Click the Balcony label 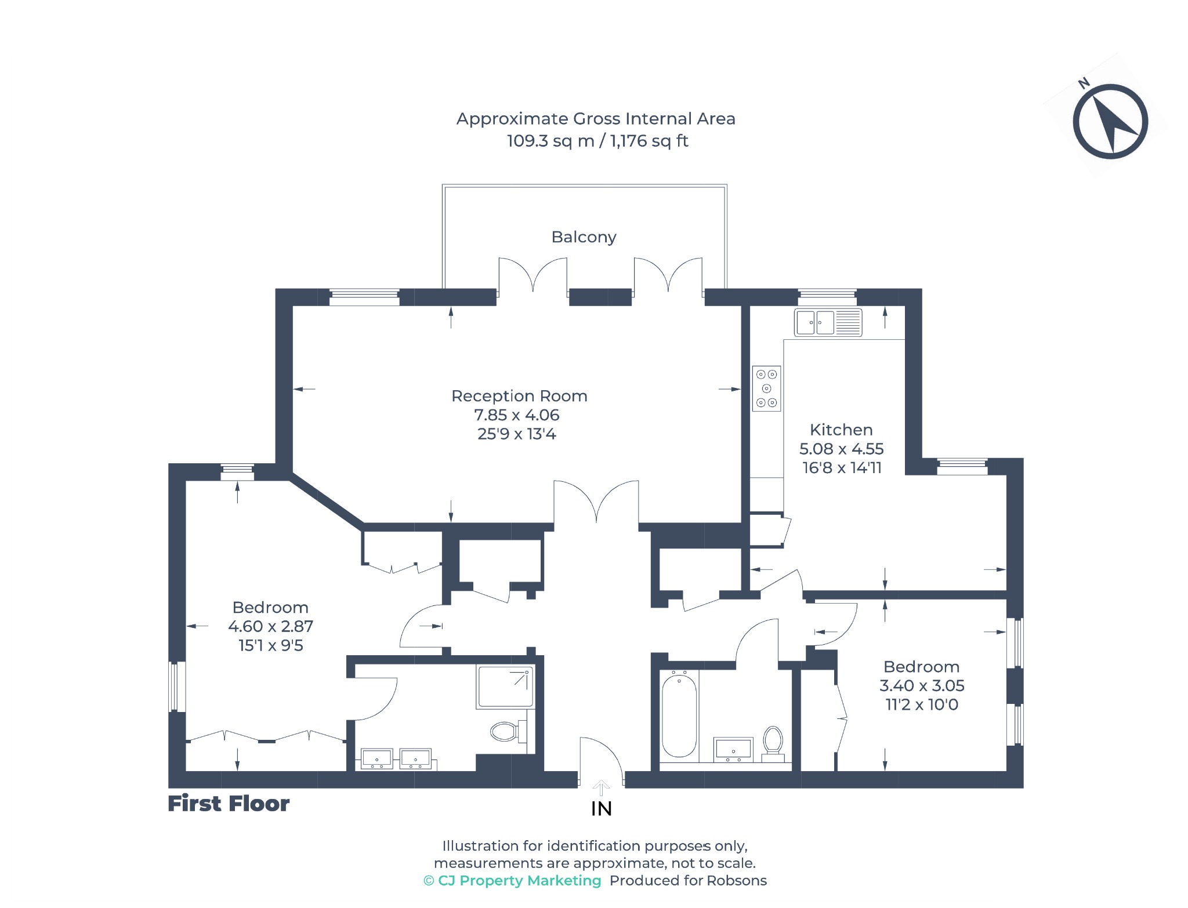coord(584,237)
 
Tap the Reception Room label coord(519,396)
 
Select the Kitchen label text coord(841,430)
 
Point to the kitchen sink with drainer coord(828,322)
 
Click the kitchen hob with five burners coord(766,388)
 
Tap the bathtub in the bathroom coord(679,715)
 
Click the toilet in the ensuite coord(508,732)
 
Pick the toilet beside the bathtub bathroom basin coord(773,743)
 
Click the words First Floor coord(229,804)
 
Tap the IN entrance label coord(602,809)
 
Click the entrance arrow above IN coord(602,788)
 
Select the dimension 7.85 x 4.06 coord(517,415)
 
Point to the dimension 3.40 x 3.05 coord(922,686)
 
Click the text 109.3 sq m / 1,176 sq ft coord(597,141)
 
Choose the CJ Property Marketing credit coord(512,881)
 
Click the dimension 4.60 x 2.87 coord(270,627)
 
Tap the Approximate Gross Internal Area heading coord(596,119)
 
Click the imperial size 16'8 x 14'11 coord(842,468)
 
